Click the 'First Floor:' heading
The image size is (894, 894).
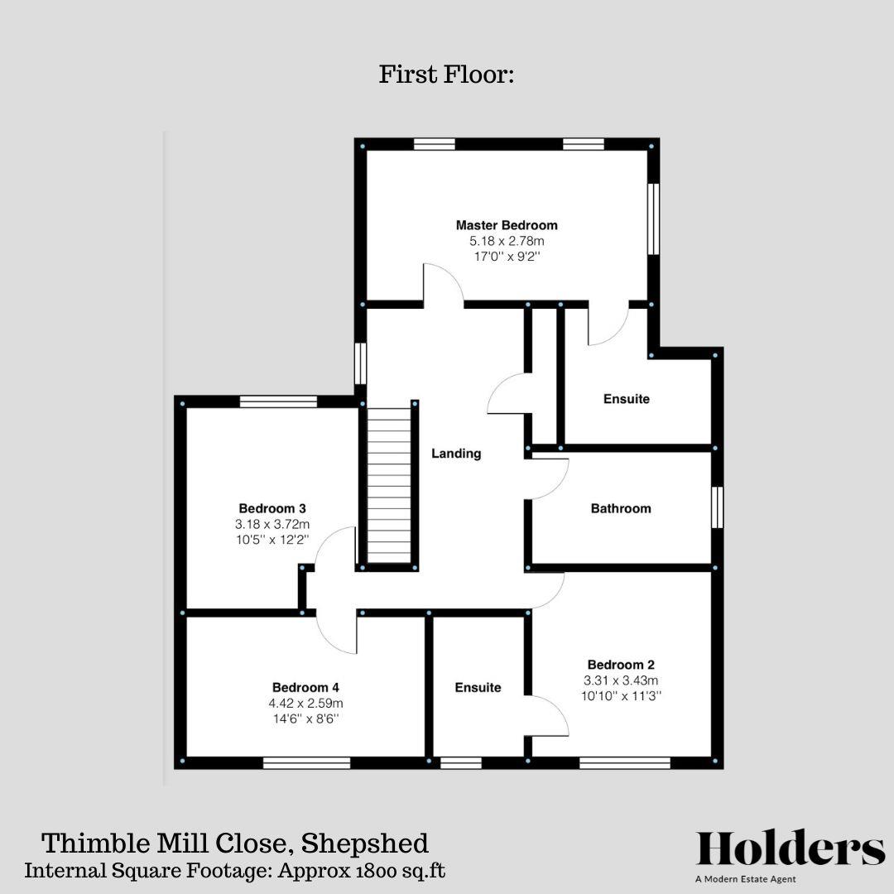tap(447, 74)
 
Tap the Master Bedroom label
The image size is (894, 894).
tap(507, 225)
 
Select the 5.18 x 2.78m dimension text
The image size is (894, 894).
tap(507, 241)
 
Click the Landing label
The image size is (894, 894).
tap(456, 454)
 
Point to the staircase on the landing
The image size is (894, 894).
tap(389, 488)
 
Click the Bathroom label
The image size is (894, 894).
tap(621, 508)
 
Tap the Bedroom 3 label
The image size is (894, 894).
tap(273, 508)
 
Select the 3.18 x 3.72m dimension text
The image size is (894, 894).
tap(273, 524)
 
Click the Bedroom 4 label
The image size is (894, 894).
tap(305, 687)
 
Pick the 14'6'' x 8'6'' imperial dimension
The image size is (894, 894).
tap(305, 719)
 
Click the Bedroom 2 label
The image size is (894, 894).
tap(621, 665)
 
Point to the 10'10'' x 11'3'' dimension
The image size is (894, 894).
tap(621, 696)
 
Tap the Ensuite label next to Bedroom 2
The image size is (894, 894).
tap(478, 688)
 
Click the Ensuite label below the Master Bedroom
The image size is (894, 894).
tap(626, 399)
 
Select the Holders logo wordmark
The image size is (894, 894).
tap(791, 849)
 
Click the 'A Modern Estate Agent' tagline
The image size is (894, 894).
tap(746, 879)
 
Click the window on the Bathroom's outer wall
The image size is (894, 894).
tap(717, 507)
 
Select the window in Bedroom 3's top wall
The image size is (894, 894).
tap(278, 401)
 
